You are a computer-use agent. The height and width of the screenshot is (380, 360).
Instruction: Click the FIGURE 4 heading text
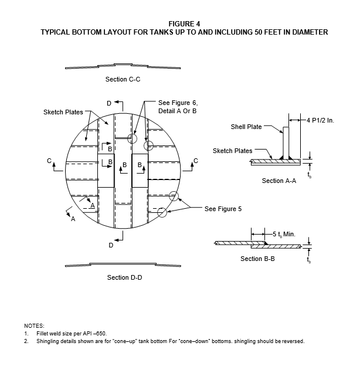tap(184, 24)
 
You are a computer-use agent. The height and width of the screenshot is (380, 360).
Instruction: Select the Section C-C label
tap(123, 79)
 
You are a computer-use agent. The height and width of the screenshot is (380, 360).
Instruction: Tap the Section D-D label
tap(124, 277)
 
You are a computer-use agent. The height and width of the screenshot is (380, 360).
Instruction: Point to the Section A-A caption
tap(279, 181)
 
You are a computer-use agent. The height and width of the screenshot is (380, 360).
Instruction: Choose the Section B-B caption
tap(257, 259)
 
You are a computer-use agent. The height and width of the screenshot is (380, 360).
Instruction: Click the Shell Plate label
tap(246, 127)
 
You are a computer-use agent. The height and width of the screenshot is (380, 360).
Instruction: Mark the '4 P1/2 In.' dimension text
tap(320, 120)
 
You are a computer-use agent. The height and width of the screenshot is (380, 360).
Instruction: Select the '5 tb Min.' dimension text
tap(284, 235)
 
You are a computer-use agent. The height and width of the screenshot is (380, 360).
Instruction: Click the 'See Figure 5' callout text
tap(223, 209)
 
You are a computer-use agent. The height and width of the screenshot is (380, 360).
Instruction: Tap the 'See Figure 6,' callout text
tap(178, 103)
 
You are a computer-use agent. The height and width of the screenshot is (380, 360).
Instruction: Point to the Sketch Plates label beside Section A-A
tap(232, 151)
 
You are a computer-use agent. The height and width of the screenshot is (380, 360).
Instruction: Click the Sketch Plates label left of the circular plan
tap(63, 112)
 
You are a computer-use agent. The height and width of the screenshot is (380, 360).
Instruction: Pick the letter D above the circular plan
tap(109, 103)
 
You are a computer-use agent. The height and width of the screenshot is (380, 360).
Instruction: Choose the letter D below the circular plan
tap(111, 245)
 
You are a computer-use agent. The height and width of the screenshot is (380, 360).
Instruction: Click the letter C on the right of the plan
tap(196, 161)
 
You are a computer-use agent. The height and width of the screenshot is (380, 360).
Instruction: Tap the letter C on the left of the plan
tap(49, 161)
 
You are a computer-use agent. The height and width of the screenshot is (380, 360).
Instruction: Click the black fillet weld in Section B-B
tap(266, 243)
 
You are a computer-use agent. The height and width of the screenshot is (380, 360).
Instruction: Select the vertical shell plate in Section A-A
tap(286, 143)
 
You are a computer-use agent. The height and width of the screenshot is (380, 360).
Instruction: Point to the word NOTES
tap(34, 325)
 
